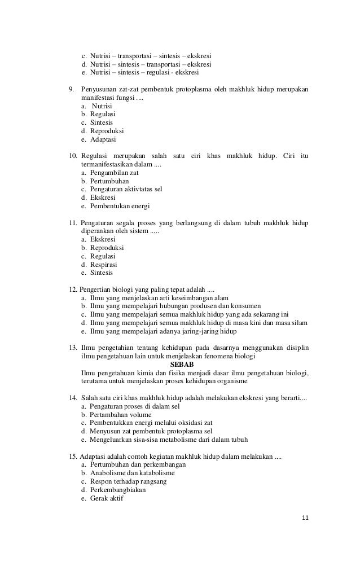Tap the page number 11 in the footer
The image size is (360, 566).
tap(306, 519)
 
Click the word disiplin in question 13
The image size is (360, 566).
tap(296, 347)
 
